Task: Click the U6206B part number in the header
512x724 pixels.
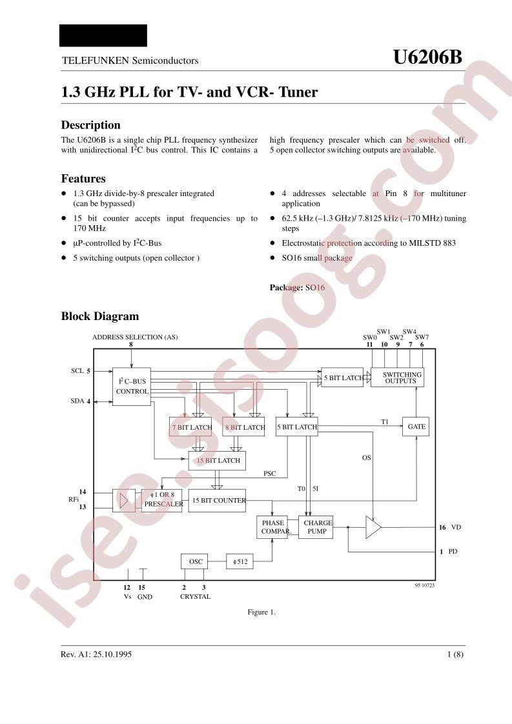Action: (x=427, y=57)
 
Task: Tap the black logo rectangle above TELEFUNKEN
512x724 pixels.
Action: (x=103, y=35)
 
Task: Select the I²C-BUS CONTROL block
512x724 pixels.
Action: (x=132, y=387)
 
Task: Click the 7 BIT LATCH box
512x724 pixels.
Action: (x=191, y=427)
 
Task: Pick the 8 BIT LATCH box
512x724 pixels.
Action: (x=244, y=427)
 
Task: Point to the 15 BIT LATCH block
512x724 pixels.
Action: (x=217, y=460)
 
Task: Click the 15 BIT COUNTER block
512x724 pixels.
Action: (x=217, y=501)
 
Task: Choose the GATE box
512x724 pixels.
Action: (x=416, y=427)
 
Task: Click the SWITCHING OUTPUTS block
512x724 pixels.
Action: (x=398, y=377)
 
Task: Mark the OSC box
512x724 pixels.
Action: (x=194, y=561)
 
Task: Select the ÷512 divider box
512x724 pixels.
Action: (x=240, y=561)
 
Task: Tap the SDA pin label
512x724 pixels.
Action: (x=77, y=401)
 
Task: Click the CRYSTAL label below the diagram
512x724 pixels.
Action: (x=195, y=597)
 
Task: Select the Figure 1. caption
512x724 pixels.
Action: (x=261, y=612)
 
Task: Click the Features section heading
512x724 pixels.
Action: (x=83, y=179)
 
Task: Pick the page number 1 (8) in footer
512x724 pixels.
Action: (x=455, y=654)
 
